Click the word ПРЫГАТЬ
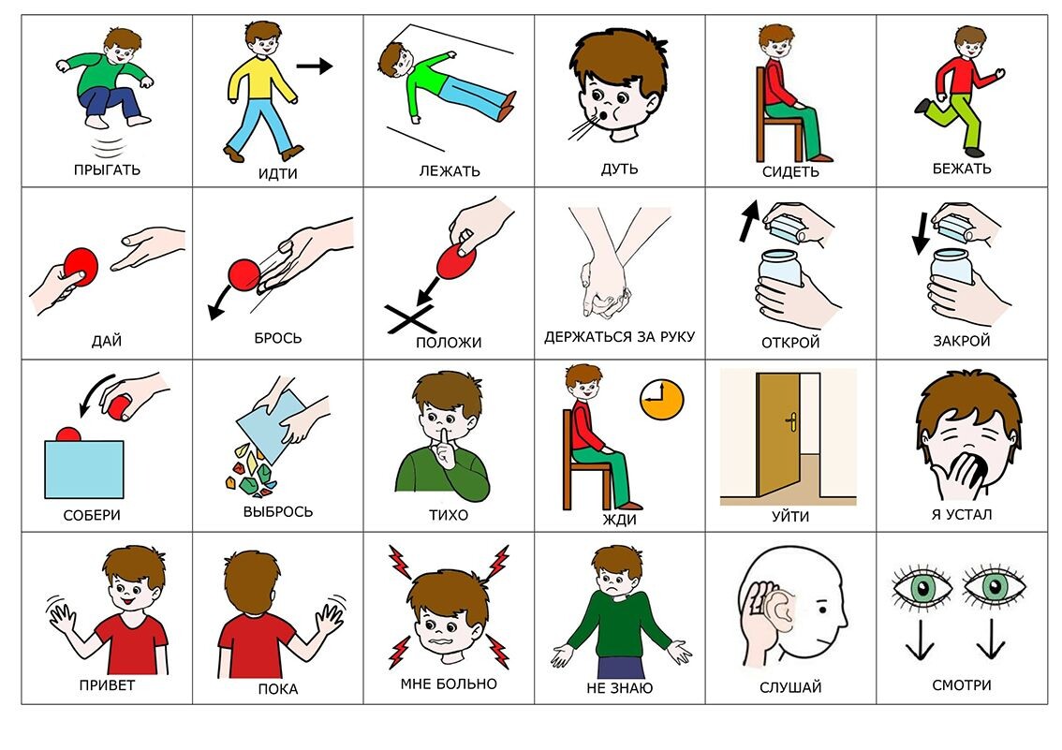[x=107, y=169]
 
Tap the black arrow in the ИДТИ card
[x=315, y=66]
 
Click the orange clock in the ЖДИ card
[x=661, y=400]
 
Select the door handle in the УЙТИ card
[x=790, y=422]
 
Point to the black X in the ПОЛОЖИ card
[x=410, y=318]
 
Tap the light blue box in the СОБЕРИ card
[x=84, y=469]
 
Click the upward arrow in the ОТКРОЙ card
[x=747, y=220]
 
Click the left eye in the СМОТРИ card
[x=922, y=587]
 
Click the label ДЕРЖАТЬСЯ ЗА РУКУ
[x=619, y=337]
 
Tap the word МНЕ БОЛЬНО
[x=449, y=684]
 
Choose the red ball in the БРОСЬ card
[x=243, y=275]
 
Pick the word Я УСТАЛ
[x=961, y=514]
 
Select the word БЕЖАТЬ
[x=962, y=169]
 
